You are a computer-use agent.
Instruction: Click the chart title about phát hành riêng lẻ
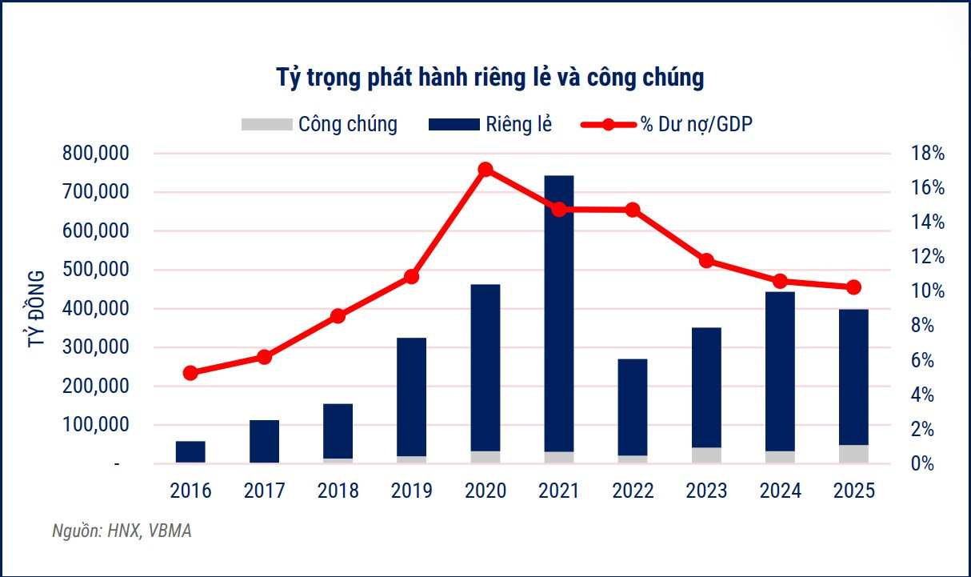click(489, 78)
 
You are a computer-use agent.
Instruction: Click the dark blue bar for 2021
click(559, 312)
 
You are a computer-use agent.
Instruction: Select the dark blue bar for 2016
click(190, 451)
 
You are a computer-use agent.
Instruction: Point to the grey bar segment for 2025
click(853, 454)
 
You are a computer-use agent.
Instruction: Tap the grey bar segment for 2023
click(706, 455)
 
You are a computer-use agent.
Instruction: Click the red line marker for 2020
click(485, 170)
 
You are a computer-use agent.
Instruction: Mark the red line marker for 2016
click(190, 373)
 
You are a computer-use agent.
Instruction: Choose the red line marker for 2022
click(633, 210)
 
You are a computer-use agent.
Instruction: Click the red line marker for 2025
click(853, 287)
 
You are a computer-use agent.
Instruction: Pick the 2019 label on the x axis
click(411, 491)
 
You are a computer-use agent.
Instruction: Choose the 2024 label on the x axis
click(780, 491)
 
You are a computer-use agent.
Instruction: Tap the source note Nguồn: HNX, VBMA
click(122, 532)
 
